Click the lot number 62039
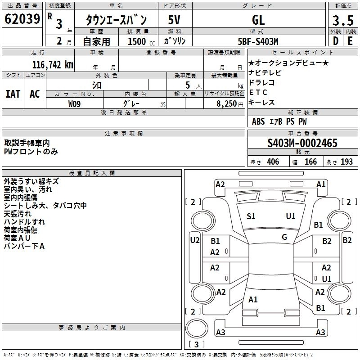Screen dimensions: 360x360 click(22, 19)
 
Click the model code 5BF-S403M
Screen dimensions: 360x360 click(258, 41)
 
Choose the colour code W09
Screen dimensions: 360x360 click(75, 103)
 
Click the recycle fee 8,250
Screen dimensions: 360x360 click(224, 103)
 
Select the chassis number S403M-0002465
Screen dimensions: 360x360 click(302, 143)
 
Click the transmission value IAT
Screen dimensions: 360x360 click(13, 94)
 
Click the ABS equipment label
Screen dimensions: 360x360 click(258, 121)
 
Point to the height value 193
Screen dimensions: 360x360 click(346, 162)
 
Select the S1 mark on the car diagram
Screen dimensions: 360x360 click(251, 216)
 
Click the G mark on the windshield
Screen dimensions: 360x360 click(284, 237)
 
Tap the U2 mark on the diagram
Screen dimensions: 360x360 click(194, 240)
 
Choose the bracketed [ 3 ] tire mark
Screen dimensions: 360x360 click(196, 345)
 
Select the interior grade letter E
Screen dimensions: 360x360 click(350, 41)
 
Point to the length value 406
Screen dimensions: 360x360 click(273, 162)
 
